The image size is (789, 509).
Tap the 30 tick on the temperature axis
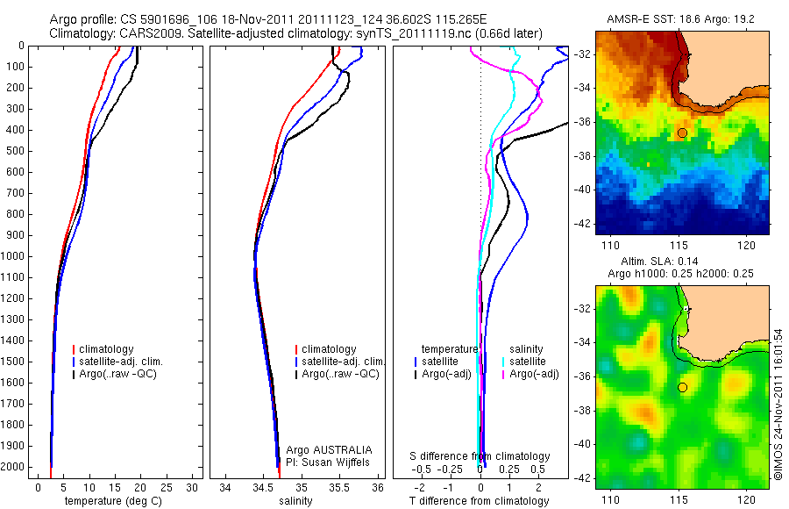(192, 486)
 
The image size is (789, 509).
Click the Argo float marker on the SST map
(681, 133)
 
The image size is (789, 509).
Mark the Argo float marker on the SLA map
(681, 387)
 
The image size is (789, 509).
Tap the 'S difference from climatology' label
(480, 456)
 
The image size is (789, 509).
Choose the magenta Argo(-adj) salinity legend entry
(530, 375)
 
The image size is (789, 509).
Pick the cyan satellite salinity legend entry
(527, 362)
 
